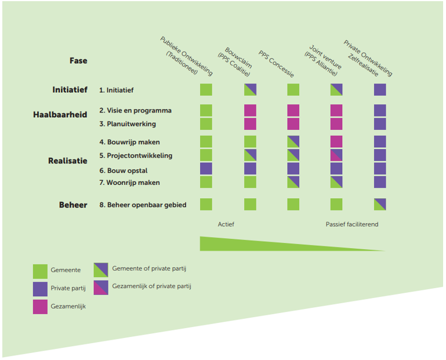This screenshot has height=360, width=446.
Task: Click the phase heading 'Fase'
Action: (x=78, y=61)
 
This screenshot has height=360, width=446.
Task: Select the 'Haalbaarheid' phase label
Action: (x=60, y=115)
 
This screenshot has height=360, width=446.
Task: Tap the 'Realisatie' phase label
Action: (x=68, y=161)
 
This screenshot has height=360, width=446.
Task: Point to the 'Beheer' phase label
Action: (x=72, y=205)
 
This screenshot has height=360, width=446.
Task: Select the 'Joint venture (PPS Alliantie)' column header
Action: (x=322, y=59)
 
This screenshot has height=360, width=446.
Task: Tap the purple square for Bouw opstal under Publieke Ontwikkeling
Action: (x=206, y=169)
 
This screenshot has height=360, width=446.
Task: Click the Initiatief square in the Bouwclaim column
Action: (x=250, y=89)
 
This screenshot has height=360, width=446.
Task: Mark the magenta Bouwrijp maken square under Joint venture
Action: (x=336, y=141)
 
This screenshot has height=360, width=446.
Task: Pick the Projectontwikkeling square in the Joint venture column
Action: (x=336, y=155)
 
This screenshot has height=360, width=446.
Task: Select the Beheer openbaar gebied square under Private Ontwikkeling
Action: (x=380, y=204)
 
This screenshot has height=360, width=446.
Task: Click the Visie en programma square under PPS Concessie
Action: (x=293, y=110)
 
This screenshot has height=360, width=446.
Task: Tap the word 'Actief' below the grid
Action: (x=226, y=224)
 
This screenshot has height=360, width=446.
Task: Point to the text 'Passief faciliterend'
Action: (x=351, y=224)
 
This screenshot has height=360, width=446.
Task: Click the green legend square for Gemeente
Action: (x=40, y=271)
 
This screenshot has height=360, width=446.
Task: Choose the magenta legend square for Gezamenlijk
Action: (x=40, y=307)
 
